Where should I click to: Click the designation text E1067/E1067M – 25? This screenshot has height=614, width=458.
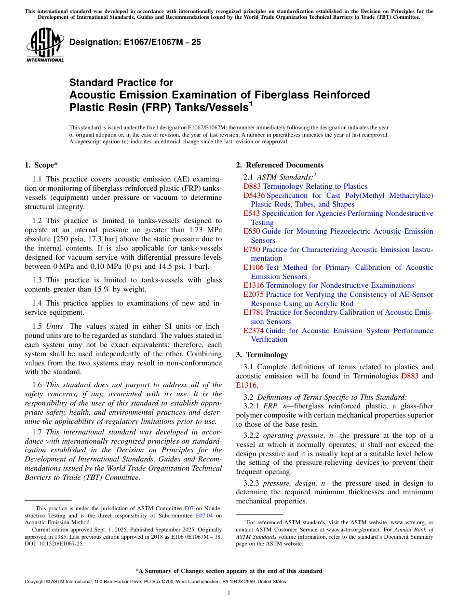point(135,42)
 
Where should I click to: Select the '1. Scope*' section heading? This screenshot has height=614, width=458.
point(41,165)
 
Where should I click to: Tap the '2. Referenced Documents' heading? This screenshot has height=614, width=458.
point(280,165)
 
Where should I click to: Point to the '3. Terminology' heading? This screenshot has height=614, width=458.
point(262,355)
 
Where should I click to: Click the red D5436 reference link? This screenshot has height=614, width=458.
point(254,195)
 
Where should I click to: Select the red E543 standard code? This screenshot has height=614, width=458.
point(252,213)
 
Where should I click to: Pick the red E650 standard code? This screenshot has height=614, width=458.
point(252,232)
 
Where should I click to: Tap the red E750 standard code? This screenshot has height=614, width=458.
point(252,250)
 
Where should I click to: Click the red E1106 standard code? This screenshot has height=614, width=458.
point(254,267)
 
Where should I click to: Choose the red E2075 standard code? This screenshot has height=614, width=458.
point(254,294)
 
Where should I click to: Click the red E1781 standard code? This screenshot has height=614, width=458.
point(254,312)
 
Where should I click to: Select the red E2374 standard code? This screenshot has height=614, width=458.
point(254,331)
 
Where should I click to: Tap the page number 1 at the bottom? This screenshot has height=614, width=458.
point(229,593)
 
